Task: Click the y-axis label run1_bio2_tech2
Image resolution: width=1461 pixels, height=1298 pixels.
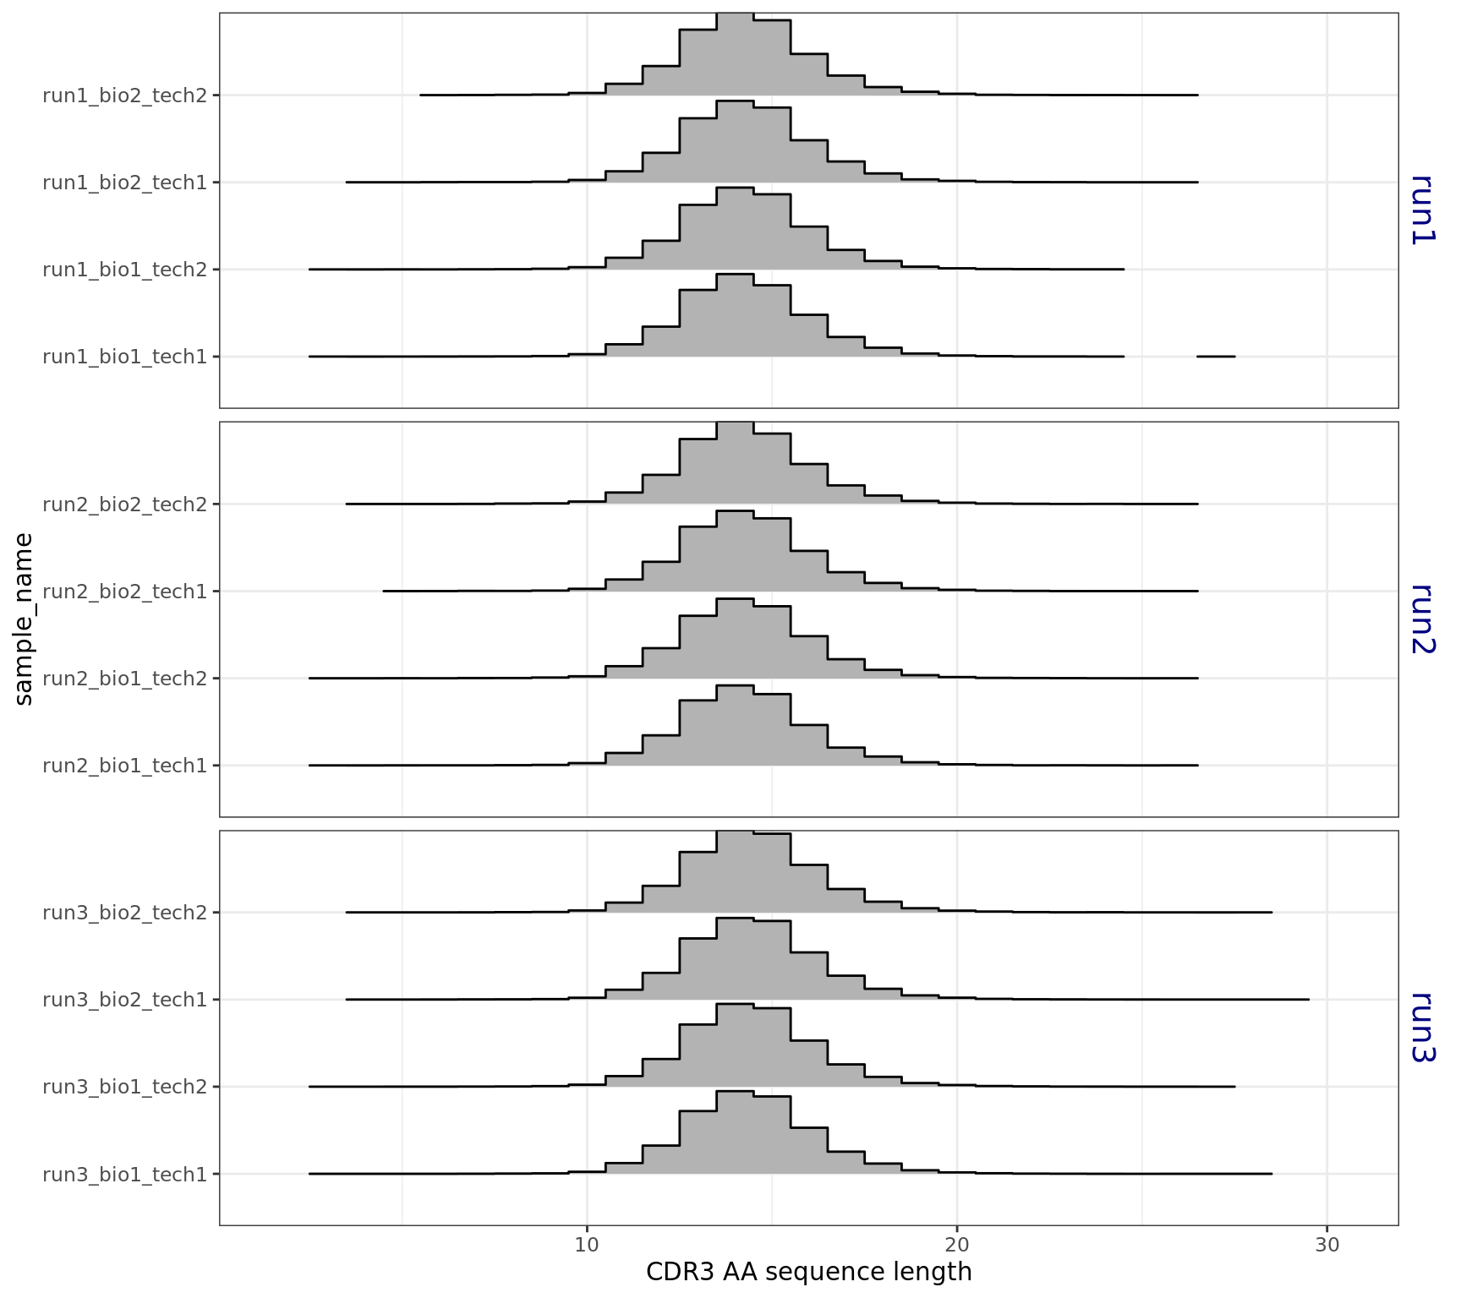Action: coord(124,95)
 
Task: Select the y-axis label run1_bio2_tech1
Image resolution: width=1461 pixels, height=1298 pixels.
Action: coord(124,183)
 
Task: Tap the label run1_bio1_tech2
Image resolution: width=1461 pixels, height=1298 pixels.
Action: coord(124,270)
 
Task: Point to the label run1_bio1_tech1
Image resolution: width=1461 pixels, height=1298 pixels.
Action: coord(124,357)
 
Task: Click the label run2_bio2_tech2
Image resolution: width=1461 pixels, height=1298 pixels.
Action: coord(124,504)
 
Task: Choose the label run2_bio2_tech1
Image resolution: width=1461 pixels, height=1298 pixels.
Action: coord(124,592)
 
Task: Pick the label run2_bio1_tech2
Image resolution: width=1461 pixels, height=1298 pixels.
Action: coord(124,679)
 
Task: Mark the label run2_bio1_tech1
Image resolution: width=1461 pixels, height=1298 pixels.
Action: coord(124,766)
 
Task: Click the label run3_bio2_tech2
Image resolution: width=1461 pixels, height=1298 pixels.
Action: coord(124,913)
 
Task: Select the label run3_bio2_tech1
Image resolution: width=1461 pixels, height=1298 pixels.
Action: coord(124,1000)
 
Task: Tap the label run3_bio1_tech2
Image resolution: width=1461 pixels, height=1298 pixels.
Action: coord(124,1087)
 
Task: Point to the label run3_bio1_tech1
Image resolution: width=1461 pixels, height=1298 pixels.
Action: coord(124,1174)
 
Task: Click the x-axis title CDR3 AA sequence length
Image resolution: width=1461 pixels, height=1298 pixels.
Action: coord(808,1272)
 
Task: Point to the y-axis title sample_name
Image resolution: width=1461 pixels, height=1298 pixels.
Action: coord(24,619)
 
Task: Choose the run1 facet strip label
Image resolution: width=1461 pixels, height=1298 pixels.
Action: coord(1423,210)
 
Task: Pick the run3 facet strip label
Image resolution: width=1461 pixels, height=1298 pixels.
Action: coord(1423,1028)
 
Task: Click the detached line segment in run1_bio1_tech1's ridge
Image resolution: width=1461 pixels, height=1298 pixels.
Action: coord(1216,357)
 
